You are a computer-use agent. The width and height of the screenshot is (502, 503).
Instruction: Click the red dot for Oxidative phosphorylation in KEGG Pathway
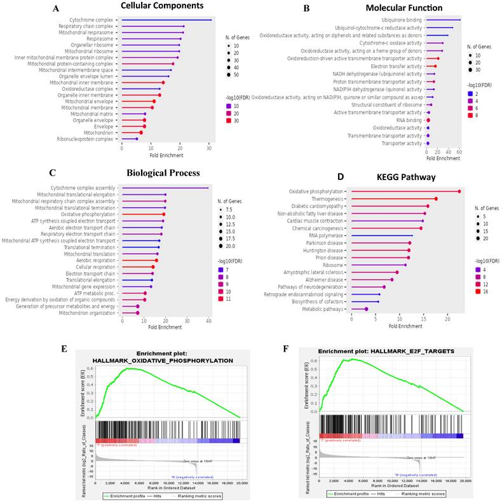point(459,191)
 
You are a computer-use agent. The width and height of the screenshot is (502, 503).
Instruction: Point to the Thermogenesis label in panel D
point(327,198)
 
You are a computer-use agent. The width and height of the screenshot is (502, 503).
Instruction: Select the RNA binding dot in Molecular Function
point(428,120)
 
